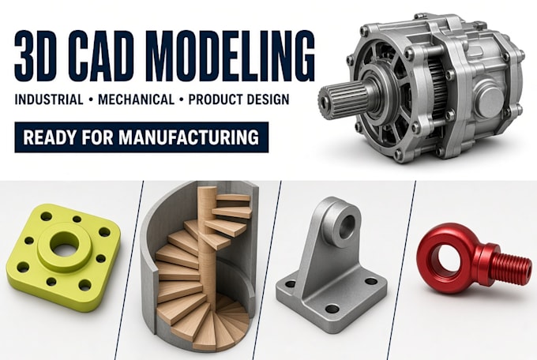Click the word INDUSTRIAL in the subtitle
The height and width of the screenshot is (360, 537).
(x=49, y=99)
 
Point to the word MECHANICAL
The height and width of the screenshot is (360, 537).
(x=136, y=99)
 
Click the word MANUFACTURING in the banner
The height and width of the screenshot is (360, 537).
(x=189, y=137)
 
